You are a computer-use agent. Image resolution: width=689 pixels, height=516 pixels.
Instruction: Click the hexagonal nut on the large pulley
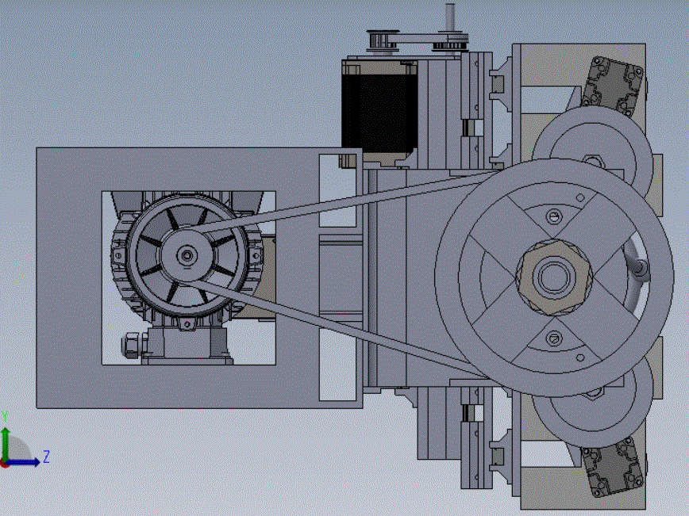click(x=554, y=277)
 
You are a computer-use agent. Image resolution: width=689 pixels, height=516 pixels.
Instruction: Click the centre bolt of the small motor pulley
click(x=187, y=255)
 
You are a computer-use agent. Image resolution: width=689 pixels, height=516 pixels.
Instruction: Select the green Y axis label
click(x=5, y=416)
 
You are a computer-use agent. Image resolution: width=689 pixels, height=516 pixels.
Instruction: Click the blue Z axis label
click(x=46, y=457)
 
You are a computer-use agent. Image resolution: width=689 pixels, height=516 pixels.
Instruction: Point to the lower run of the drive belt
click(x=338, y=328)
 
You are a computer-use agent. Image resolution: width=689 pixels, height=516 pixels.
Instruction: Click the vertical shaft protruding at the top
click(x=449, y=17)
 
